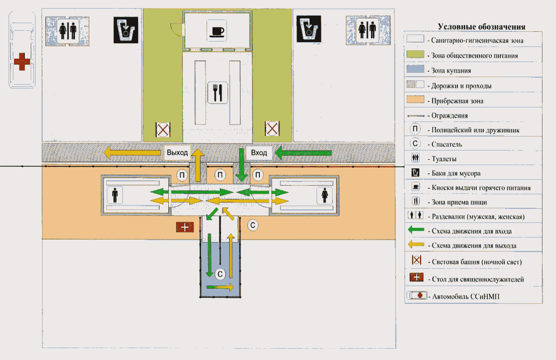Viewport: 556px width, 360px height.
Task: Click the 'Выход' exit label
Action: [x=177, y=153]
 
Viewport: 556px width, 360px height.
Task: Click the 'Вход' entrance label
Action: [x=259, y=153]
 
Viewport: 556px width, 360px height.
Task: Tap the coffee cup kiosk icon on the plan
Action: [x=217, y=31]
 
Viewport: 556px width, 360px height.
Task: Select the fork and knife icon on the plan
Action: [x=217, y=93]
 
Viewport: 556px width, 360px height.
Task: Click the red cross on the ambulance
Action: [x=22, y=62]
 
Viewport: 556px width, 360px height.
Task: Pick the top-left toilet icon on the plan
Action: [x=68, y=31]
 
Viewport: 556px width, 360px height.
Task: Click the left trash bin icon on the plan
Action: [x=126, y=30]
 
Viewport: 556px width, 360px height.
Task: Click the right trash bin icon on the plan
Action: [x=308, y=29]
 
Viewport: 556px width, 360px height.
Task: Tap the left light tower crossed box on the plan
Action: [x=163, y=130]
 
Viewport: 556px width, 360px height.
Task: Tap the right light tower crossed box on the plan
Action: [x=272, y=128]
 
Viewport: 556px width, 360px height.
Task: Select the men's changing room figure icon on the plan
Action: [x=114, y=195]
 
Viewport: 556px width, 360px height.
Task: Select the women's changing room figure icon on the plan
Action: [x=325, y=195]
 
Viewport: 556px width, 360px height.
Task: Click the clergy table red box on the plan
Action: [x=185, y=227]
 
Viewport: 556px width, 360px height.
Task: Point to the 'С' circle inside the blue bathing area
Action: [x=220, y=274]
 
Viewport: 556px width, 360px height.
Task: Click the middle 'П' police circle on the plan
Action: [x=220, y=175]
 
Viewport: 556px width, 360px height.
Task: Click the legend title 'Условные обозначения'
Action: [x=481, y=26]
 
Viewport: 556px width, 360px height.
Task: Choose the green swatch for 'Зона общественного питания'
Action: [x=415, y=54]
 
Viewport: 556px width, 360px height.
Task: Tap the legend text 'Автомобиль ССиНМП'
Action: [x=465, y=296]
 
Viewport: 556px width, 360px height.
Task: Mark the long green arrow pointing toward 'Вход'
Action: [x=303, y=153]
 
